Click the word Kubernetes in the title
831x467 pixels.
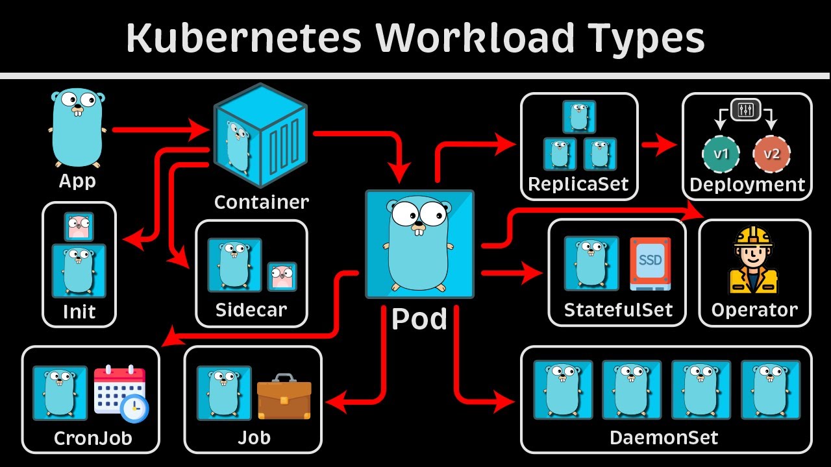pyautogui.click(x=243, y=39)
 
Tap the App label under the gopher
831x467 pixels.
pyautogui.click(x=77, y=180)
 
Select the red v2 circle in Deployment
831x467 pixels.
pyautogui.click(x=771, y=154)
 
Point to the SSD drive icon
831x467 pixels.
pyautogui.click(x=651, y=262)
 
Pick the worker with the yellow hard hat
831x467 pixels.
pyautogui.click(x=753, y=261)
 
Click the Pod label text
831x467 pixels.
pyautogui.click(x=419, y=320)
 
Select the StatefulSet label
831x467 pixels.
pyautogui.click(x=618, y=309)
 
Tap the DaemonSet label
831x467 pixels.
pyautogui.click(x=664, y=438)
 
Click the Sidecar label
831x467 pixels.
pyautogui.click(x=251, y=309)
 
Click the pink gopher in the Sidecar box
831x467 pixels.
pyautogui.click(x=282, y=276)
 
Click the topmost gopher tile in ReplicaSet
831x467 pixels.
pyautogui.click(x=579, y=117)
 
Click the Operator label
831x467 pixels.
pyautogui.click(x=754, y=309)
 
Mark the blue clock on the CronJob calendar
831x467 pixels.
pyautogui.click(x=135, y=408)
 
